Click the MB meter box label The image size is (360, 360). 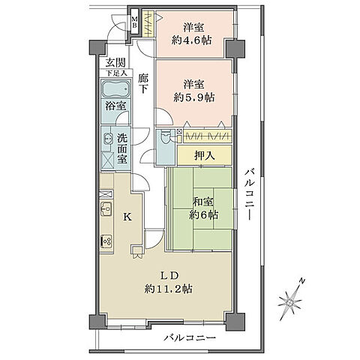pos(134,20)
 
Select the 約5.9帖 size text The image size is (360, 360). pos(194,97)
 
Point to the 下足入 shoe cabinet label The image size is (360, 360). pos(115,73)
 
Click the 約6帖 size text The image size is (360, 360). pos(202,215)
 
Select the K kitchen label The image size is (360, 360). pos(127,217)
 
